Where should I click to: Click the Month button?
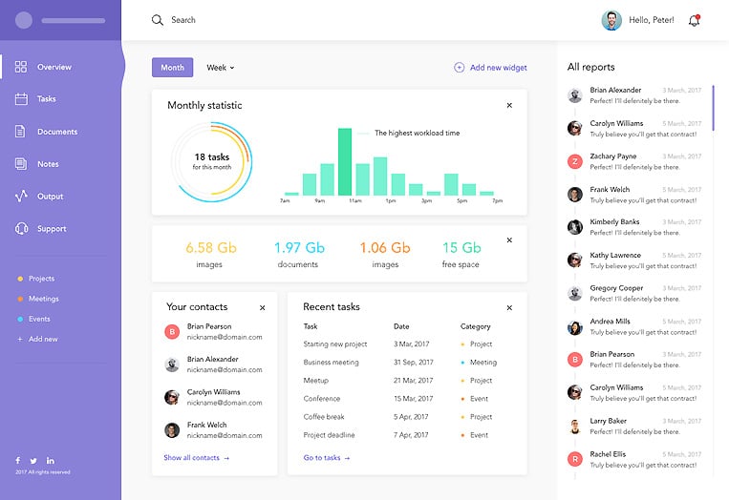click(172, 68)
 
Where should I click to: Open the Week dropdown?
click(221, 68)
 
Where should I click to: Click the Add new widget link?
click(490, 68)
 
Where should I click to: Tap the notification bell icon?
click(694, 20)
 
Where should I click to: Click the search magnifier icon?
click(158, 20)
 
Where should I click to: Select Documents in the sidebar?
click(57, 132)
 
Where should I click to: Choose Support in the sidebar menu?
click(52, 229)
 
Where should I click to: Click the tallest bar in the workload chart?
click(345, 161)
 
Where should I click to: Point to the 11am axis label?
click(355, 201)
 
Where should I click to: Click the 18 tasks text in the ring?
click(212, 157)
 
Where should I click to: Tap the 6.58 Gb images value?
click(211, 247)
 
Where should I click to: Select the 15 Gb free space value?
click(461, 247)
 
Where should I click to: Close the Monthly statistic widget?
click(509, 105)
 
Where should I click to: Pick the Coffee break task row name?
click(323, 417)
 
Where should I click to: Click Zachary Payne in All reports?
click(613, 156)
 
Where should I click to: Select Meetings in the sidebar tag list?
click(44, 299)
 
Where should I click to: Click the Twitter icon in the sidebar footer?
click(33, 461)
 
